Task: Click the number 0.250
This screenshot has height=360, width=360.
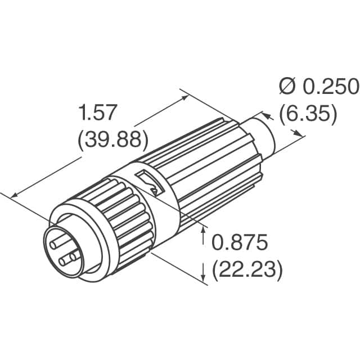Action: tap(331, 87)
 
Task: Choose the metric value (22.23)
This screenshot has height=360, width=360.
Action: tap(246, 271)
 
